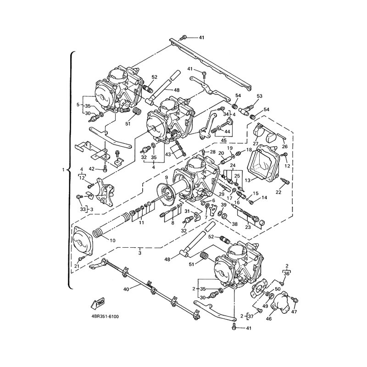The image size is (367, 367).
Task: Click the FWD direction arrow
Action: [98, 304]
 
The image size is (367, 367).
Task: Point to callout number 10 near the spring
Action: [112, 240]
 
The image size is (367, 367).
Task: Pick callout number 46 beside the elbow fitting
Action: [269, 318]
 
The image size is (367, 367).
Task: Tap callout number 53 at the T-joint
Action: [260, 96]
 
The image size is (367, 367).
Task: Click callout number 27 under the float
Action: [256, 143]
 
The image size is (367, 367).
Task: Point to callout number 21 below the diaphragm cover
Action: [77, 266]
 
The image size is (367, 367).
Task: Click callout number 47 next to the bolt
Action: [295, 312]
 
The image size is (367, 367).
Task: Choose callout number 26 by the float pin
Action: [284, 146]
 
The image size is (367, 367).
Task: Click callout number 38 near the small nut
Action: [234, 224]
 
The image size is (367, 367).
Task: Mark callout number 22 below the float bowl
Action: [278, 192]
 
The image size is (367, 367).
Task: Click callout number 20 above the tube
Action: [221, 153]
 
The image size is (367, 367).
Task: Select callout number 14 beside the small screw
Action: [264, 198]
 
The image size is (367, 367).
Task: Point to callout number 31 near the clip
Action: [187, 211]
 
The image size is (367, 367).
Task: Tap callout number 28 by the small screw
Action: [212, 152]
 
